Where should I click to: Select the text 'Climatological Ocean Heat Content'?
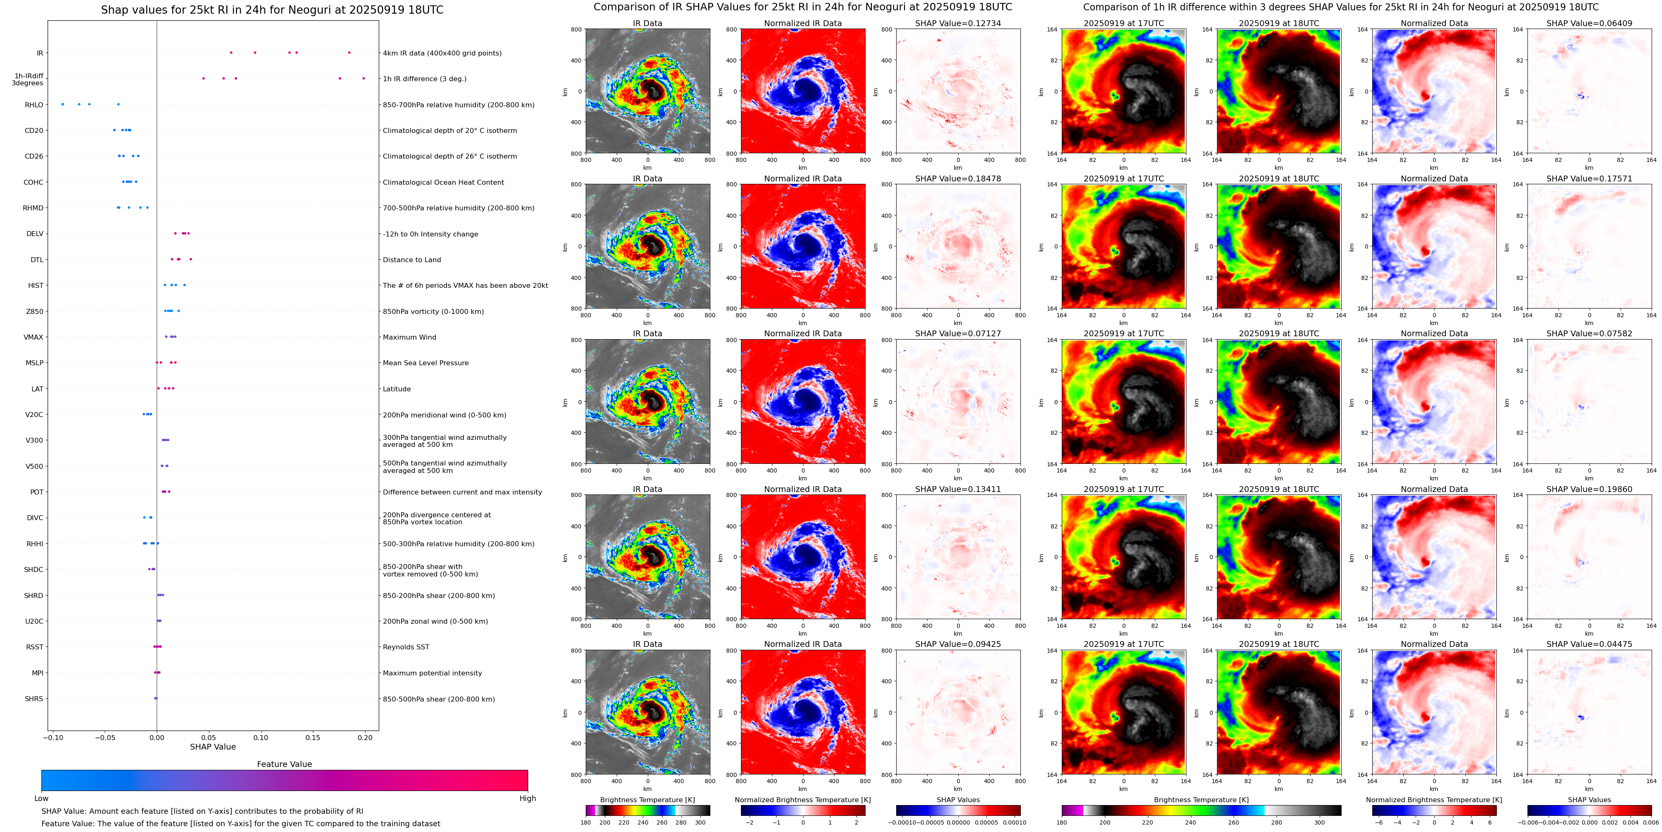click(443, 182)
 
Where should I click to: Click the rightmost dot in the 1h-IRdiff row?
click(364, 78)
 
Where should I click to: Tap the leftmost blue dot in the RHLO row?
click(63, 104)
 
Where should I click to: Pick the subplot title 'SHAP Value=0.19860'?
click(1589, 489)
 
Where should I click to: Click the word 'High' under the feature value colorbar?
click(527, 798)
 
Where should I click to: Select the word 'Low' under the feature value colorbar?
click(41, 798)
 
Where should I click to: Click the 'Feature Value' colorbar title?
click(284, 764)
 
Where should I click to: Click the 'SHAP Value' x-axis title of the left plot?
click(213, 747)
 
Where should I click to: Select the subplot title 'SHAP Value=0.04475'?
click(1589, 644)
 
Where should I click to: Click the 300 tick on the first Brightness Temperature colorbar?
click(700, 822)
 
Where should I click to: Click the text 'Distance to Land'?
click(411, 260)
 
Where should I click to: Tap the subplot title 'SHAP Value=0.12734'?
click(957, 23)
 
